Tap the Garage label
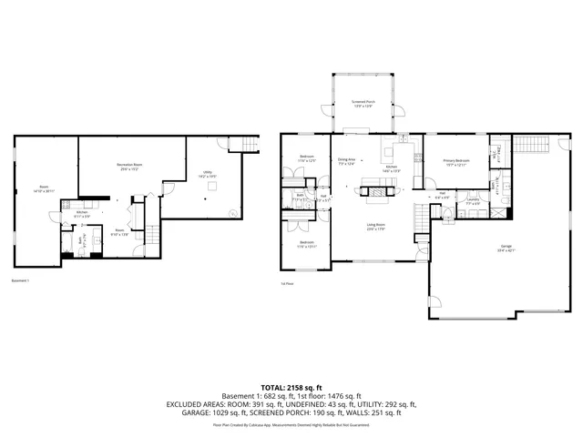coord(506,247)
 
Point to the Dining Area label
coord(347,160)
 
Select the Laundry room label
coord(473,200)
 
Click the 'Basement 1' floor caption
coord(20,280)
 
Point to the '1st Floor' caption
coord(287,283)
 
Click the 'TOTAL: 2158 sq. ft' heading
coord(291,387)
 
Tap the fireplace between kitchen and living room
coord(378,190)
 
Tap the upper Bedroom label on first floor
coord(307,158)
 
